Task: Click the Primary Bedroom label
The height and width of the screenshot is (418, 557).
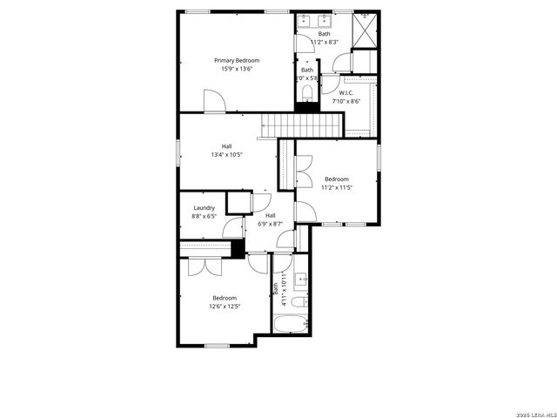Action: pos(237,60)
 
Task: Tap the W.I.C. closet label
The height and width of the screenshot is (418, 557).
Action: pos(346,92)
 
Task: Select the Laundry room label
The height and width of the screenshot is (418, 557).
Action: pos(204,207)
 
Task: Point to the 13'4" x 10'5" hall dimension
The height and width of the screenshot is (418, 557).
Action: pos(226,155)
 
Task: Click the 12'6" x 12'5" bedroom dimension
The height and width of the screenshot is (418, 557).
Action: pos(225,307)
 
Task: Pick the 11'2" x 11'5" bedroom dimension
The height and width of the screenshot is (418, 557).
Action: pos(336,187)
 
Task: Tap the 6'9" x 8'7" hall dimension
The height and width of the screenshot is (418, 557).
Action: pos(270,224)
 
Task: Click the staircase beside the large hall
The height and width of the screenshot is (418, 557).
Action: pos(300,125)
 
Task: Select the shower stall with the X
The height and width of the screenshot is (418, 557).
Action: pos(366,30)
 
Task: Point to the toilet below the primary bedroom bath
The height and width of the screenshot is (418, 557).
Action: pos(306,92)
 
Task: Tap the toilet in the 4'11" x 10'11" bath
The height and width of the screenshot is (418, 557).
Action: pos(297,303)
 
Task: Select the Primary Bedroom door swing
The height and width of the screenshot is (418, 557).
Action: pos(214,100)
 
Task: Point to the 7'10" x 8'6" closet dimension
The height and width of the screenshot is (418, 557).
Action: pos(346,101)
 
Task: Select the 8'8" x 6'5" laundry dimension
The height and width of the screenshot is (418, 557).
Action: pos(204,216)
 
